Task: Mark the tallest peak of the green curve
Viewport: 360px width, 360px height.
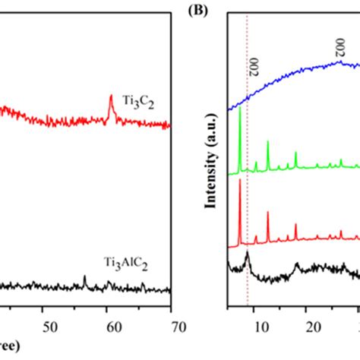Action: (240, 109)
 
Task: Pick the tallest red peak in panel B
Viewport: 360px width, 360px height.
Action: (240, 180)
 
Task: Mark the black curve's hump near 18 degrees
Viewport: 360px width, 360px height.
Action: (296, 264)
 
